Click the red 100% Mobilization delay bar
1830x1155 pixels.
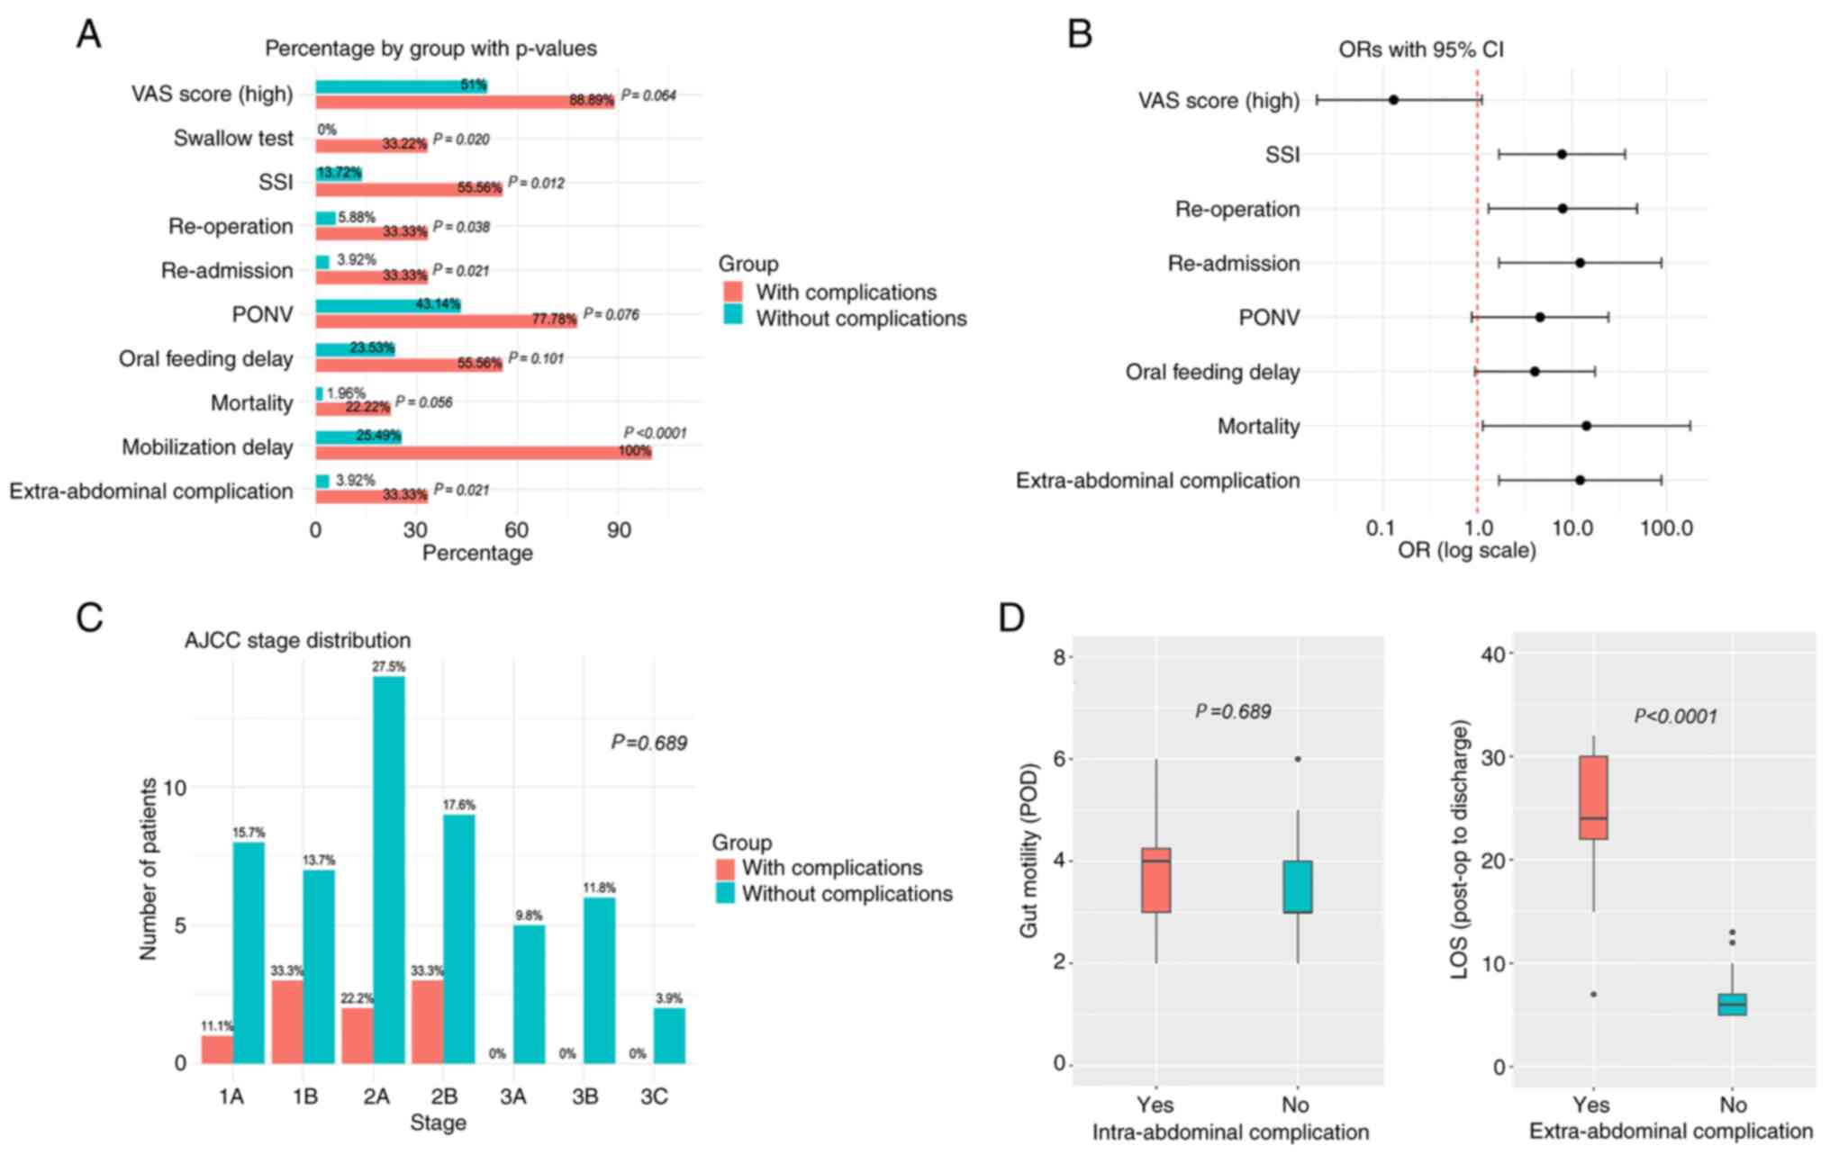[x=483, y=451]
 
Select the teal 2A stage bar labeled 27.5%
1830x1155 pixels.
[x=389, y=869]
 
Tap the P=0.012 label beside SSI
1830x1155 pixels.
[x=536, y=183]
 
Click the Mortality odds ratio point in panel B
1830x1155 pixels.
[x=1585, y=426]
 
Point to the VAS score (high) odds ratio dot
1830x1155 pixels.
[x=1393, y=100]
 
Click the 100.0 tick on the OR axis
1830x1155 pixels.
[x=1665, y=528]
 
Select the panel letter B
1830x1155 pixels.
[x=1079, y=34]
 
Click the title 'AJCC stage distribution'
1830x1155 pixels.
[x=297, y=640]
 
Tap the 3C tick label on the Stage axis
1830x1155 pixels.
[x=654, y=1096]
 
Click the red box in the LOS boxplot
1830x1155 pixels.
[x=1593, y=798]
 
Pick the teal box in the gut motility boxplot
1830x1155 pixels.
[x=1298, y=887]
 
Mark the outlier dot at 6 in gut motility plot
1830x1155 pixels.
[x=1298, y=759]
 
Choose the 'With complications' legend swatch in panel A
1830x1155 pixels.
[x=733, y=292]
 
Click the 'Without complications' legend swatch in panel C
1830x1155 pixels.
[x=725, y=894]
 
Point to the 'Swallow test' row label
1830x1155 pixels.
[x=233, y=139]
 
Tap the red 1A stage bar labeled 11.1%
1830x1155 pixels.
[x=217, y=1049]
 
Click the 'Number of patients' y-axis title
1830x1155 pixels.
[x=149, y=869]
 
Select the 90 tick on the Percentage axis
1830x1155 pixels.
[x=619, y=530]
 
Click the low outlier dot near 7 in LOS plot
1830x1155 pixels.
[x=1593, y=994]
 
